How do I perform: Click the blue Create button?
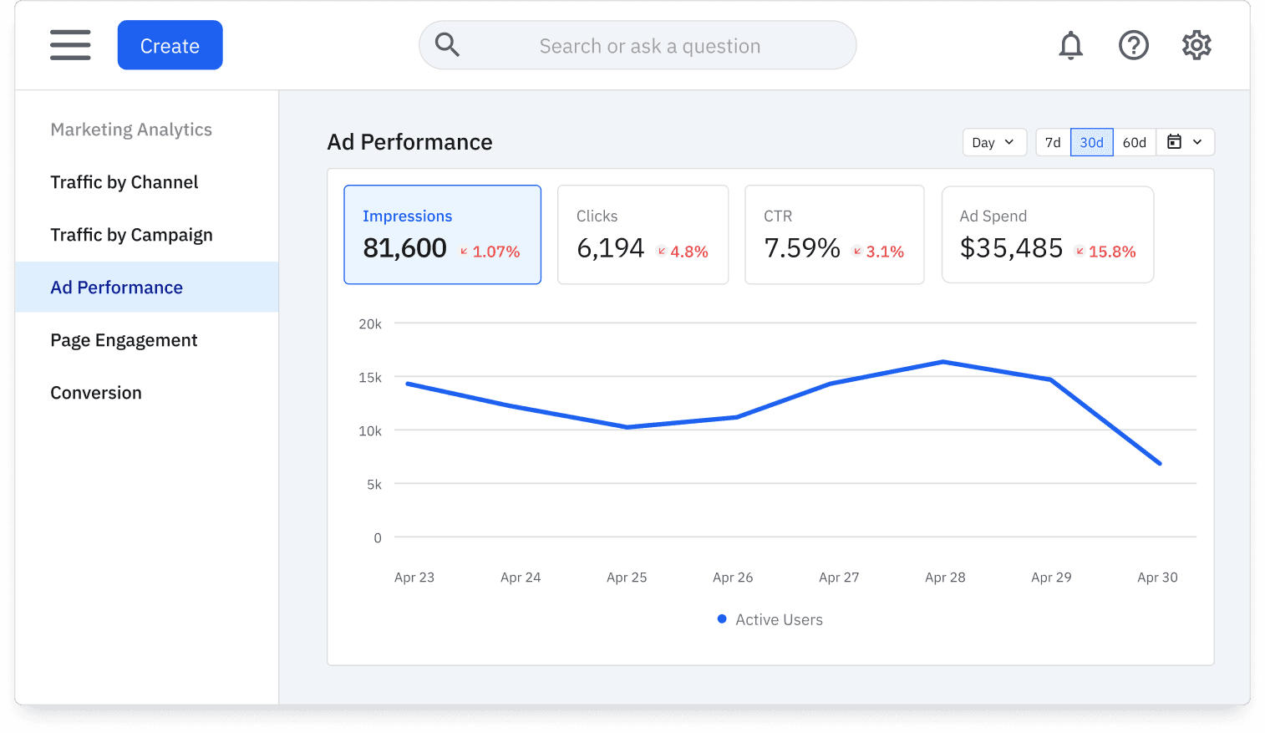170,45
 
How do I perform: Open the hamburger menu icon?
70,45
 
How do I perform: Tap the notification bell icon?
1070,45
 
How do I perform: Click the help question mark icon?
1133,45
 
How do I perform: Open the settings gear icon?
1196,45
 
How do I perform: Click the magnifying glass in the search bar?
447,45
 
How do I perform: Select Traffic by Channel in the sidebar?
124,182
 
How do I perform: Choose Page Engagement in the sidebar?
124,340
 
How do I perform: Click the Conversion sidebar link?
96,393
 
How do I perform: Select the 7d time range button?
1053,143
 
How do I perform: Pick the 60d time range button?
1134,143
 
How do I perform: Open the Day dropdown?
993,143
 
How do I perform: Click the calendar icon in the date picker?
1174,142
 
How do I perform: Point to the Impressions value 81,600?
404,248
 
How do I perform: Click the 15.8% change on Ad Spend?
1111,252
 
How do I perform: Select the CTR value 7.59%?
801,248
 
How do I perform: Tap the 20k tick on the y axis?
370,324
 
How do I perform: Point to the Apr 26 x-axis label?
733,578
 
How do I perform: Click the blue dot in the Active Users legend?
722,619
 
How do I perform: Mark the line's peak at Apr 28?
943,362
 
